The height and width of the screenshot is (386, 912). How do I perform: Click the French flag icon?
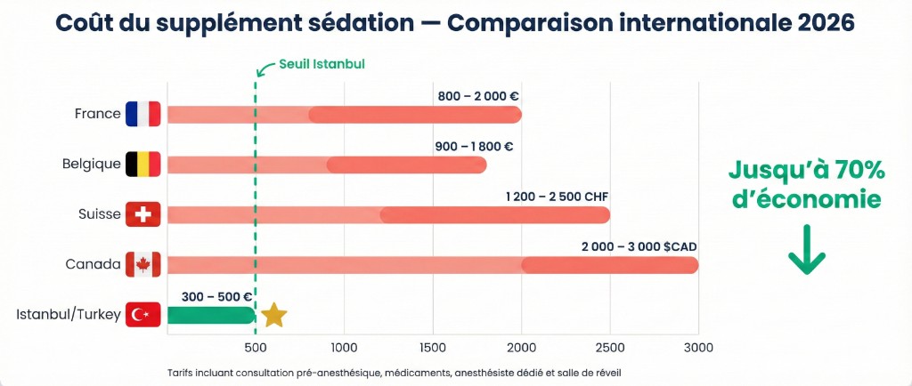(142, 114)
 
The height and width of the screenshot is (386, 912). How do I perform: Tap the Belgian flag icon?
(142, 164)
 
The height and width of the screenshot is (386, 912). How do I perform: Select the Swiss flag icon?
(142, 214)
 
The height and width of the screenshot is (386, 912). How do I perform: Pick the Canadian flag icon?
(142, 264)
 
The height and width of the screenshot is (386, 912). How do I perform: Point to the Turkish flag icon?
(142, 314)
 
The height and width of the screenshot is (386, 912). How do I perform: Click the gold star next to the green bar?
(274, 314)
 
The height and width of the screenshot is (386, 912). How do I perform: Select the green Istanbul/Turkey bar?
(211, 315)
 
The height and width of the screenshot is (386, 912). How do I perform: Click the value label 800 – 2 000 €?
(478, 95)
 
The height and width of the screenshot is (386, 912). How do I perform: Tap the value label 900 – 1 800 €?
(474, 146)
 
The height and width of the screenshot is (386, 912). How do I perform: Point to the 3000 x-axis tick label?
(697, 346)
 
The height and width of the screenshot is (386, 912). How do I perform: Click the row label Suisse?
(99, 214)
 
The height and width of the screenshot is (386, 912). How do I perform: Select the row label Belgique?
(91, 165)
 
